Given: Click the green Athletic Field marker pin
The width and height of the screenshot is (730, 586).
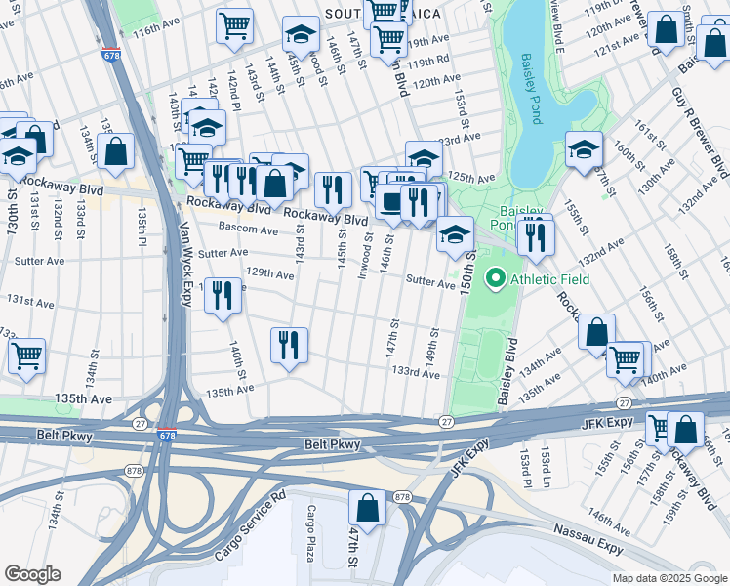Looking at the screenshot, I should click(495, 280).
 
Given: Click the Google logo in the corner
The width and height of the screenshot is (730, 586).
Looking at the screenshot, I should click(32, 574).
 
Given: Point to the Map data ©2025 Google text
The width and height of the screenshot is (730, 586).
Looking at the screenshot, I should click(669, 578).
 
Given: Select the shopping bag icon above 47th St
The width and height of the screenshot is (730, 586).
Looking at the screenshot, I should click(367, 508).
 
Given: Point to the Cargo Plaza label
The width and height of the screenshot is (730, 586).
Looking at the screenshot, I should click(311, 533).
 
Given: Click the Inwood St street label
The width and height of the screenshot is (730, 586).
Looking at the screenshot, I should click(365, 258).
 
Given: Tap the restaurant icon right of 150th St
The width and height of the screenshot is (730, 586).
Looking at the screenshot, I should click(535, 236).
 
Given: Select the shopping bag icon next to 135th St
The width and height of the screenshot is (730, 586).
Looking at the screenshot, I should click(115, 151).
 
